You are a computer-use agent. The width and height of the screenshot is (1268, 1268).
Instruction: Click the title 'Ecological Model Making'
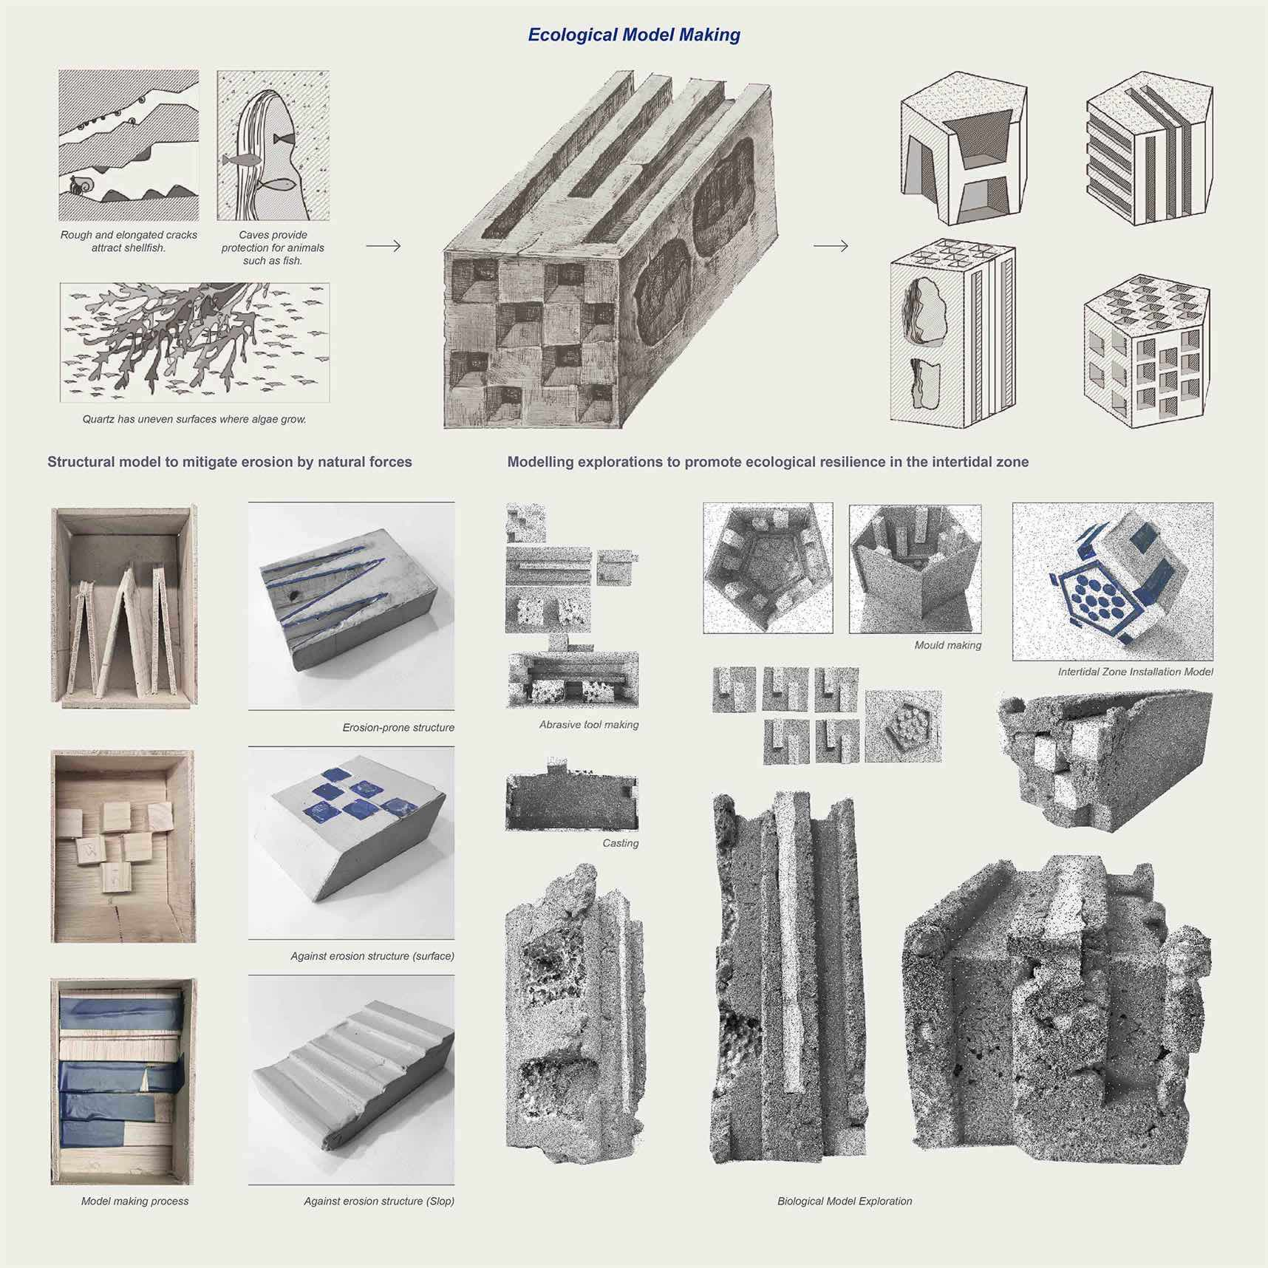point(634,35)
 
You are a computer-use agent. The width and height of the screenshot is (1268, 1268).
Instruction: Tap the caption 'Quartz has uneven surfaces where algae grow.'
point(194,419)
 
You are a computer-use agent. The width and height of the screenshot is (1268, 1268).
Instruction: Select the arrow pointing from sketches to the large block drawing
point(384,246)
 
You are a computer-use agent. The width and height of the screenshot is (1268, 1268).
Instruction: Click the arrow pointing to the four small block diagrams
point(831,246)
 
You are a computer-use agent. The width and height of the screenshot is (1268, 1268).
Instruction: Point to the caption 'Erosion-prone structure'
point(398,728)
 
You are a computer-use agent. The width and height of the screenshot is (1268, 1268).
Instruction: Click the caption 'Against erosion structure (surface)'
point(372,956)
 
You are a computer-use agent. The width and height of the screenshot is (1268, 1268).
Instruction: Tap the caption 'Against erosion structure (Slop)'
point(379,1201)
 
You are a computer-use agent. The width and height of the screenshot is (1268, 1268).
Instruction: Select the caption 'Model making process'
point(134,1201)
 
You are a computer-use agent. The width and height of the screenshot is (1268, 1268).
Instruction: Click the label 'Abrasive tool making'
point(589,725)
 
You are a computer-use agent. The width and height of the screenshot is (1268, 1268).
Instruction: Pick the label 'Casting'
point(621,843)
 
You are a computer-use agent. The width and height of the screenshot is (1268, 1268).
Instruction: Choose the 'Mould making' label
point(948,645)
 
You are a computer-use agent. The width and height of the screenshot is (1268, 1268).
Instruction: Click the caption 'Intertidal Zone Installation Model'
point(1136,672)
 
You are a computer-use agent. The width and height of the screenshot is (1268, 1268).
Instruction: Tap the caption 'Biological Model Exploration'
point(845,1201)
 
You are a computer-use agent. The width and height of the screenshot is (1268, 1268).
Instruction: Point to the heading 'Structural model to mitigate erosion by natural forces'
point(230,462)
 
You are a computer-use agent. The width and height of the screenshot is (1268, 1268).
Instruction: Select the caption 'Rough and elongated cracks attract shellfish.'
point(129,241)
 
